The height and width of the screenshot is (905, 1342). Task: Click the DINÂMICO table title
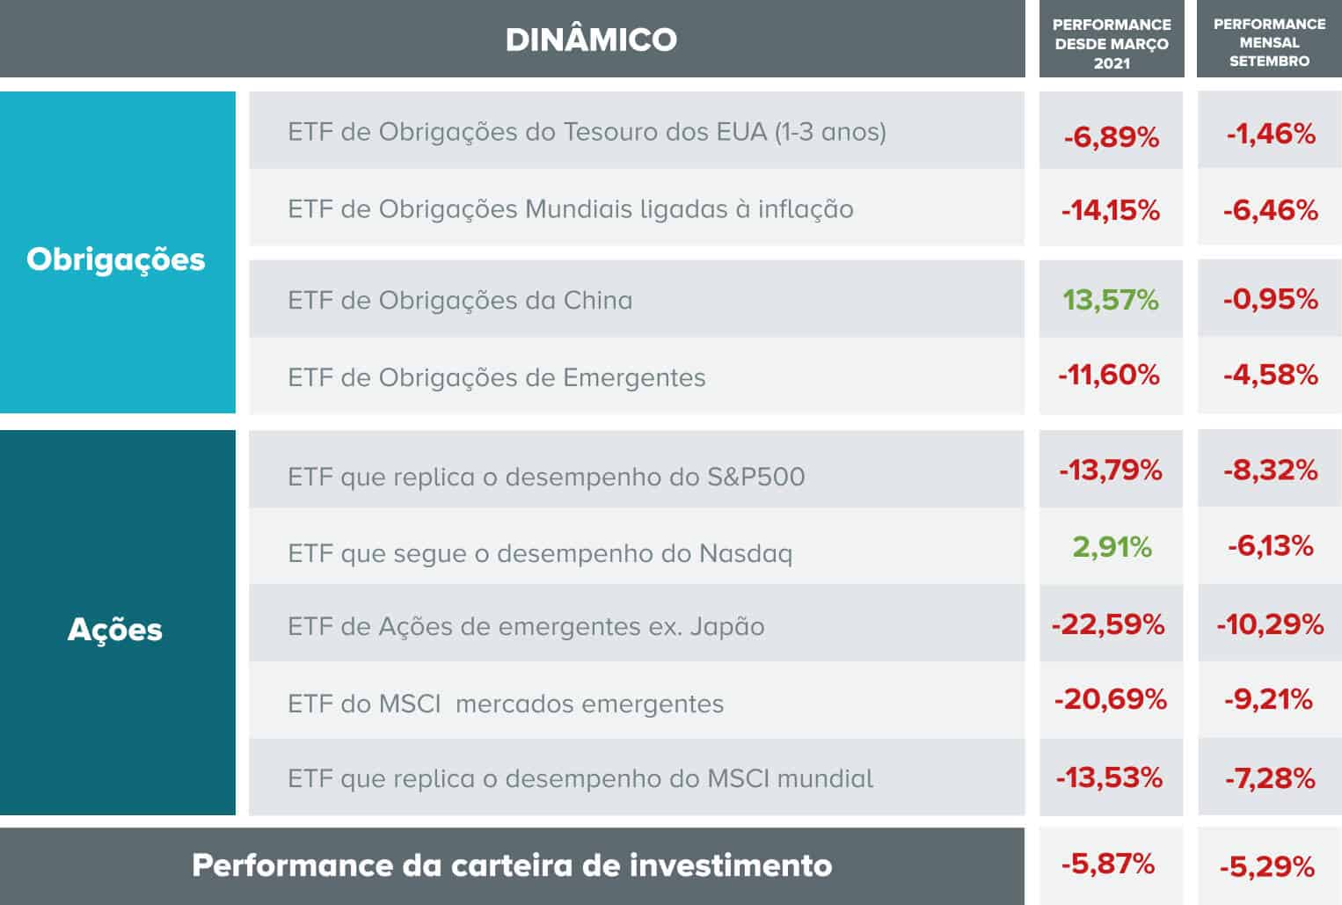click(591, 40)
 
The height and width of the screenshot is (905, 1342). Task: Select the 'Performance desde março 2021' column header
click(1112, 43)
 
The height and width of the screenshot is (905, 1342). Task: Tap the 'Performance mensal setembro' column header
click(1269, 42)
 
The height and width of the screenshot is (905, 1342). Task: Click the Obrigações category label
click(116, 259)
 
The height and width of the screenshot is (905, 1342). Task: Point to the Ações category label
click(115, 630)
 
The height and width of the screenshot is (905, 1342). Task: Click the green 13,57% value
click(1111, 300)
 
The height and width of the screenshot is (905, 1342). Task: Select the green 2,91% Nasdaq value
click(1112, 547)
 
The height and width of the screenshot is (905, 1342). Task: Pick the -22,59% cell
click(1108, 624)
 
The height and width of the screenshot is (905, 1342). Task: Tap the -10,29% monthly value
click(1270, 624)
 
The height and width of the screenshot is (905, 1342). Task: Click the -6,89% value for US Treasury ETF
click(1111, 137)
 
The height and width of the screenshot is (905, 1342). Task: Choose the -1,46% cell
click(1271, 134)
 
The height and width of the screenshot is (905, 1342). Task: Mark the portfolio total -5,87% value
click(1108, 864)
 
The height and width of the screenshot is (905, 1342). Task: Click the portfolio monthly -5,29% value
click(1267, 867)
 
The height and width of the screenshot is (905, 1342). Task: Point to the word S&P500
click(756, 477)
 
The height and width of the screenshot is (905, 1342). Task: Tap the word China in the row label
click(598, 301)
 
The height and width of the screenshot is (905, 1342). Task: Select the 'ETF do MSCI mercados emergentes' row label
click(506, 704)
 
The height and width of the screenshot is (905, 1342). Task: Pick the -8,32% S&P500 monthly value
click(1270, 470)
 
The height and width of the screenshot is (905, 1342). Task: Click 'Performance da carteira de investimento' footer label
click(512, 865)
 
